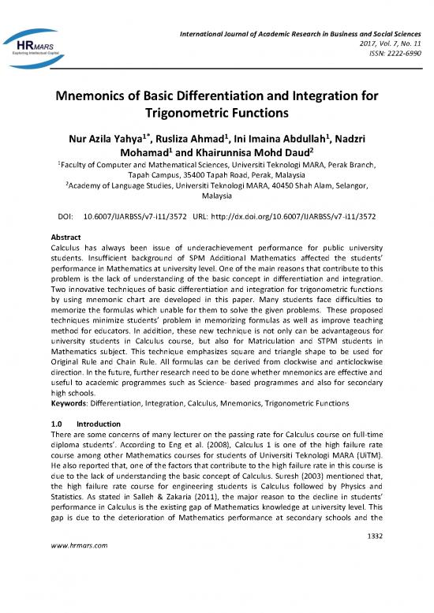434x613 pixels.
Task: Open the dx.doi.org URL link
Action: (316, 215)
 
